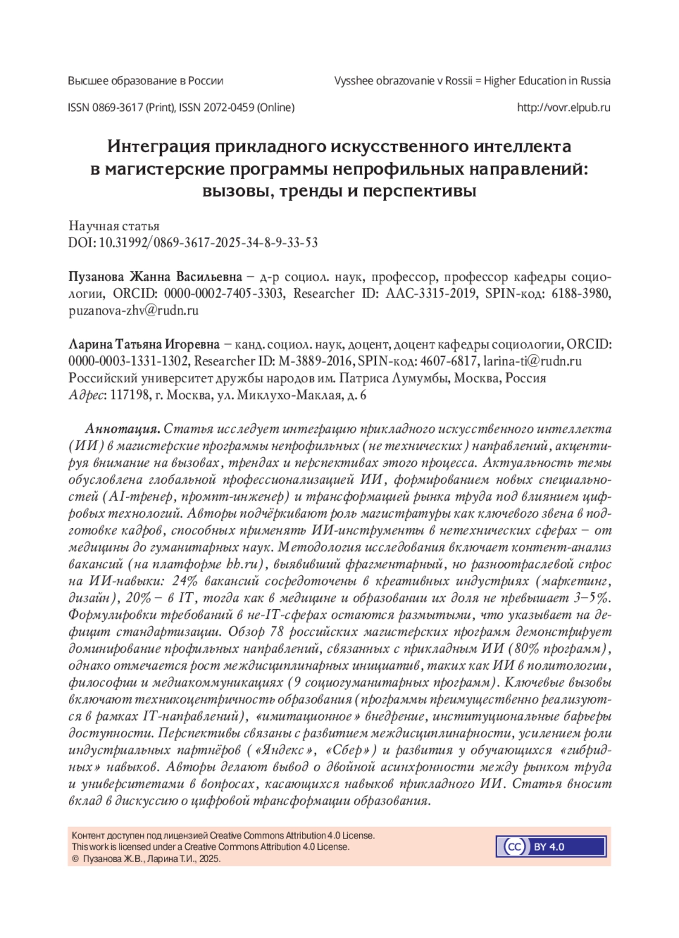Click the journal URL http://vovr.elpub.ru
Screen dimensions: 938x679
point(564,107)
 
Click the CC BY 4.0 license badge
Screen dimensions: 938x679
point(551,847)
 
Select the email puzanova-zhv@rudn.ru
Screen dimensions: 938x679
point(134,311)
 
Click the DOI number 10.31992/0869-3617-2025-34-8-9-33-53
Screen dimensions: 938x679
point(208,243)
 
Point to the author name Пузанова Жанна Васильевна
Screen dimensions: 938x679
point(155,277)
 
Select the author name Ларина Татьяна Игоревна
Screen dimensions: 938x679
point(144,345)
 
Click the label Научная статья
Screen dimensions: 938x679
point(114,226)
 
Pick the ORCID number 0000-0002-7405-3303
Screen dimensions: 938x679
point(224,294)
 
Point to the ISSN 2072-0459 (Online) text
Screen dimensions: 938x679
point(237,107)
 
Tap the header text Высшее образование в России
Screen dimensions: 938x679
point(145,81)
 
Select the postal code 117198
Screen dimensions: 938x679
point(130,395)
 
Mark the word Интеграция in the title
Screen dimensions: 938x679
point(159,147)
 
